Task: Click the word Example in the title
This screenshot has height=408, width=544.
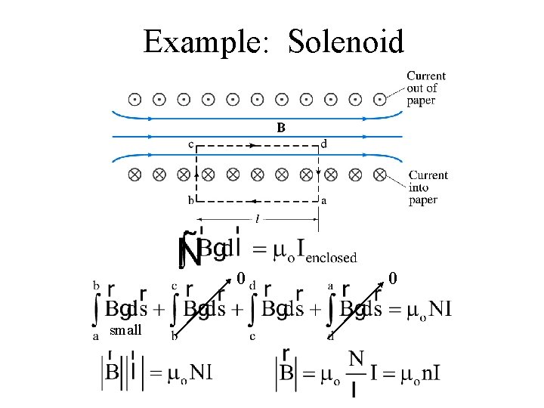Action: [x=202, y=42]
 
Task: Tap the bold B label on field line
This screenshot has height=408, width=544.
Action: [x=281, y=128]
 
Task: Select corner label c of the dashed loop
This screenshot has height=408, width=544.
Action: [x=191, y=144]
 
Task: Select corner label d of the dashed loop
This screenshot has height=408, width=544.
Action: [x=324, y=144]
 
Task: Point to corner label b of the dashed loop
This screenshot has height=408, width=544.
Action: [x=191, y=200]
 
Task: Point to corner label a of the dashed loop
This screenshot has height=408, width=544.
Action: [x=324, y=200]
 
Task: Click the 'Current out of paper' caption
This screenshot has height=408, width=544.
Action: [x=426, y=88]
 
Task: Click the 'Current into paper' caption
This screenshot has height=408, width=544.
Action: [x=428, y=187]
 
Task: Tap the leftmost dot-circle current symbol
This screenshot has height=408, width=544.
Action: [x=134, y=99]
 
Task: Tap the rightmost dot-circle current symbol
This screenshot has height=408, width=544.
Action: [x=380, y=99]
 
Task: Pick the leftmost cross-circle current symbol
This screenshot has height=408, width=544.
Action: [x=134, y=175]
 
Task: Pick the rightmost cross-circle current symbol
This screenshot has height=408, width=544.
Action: [x=380, y=175]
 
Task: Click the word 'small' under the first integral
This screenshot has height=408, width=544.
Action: [x=125, y=330]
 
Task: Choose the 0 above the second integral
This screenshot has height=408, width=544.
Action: [x=241, y=278]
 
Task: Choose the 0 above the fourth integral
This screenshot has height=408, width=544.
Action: [x=393, y=278]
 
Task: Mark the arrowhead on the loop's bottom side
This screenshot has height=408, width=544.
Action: [x=255, y=202]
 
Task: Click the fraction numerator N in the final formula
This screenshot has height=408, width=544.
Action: [x=356, y=357]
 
